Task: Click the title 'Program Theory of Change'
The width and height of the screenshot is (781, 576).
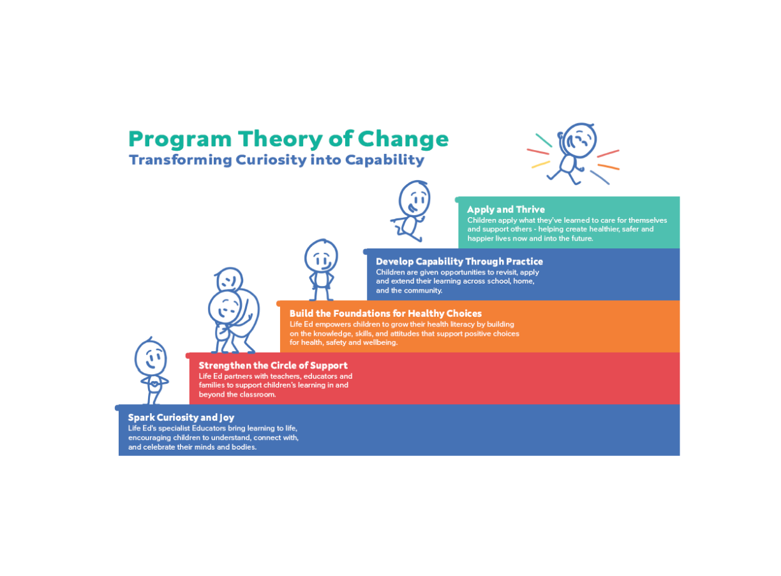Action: tap(288, 139)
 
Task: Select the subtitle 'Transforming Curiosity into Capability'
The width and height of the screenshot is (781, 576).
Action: tap(276, 160)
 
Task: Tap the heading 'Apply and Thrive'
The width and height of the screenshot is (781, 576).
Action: tap(505, 209)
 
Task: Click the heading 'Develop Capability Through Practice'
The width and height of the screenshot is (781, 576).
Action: tap(459, 261)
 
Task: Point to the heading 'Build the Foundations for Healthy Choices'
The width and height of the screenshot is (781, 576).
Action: tap(385, 314)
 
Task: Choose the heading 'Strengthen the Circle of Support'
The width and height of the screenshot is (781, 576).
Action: tap(273, 365)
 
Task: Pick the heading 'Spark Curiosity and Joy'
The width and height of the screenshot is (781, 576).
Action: tap(181, 418)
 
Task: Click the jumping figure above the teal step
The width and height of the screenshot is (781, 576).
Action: tap(573, 152)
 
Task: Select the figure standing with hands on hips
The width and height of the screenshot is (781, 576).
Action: tap(320, 268)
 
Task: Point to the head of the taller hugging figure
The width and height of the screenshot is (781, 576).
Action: tap(229, 279)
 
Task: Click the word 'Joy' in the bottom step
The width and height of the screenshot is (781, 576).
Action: tap(227, 418)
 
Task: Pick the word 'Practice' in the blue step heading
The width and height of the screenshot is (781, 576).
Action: tap(520, 261)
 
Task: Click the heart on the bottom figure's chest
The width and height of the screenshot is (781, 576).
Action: tap(152, 384)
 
